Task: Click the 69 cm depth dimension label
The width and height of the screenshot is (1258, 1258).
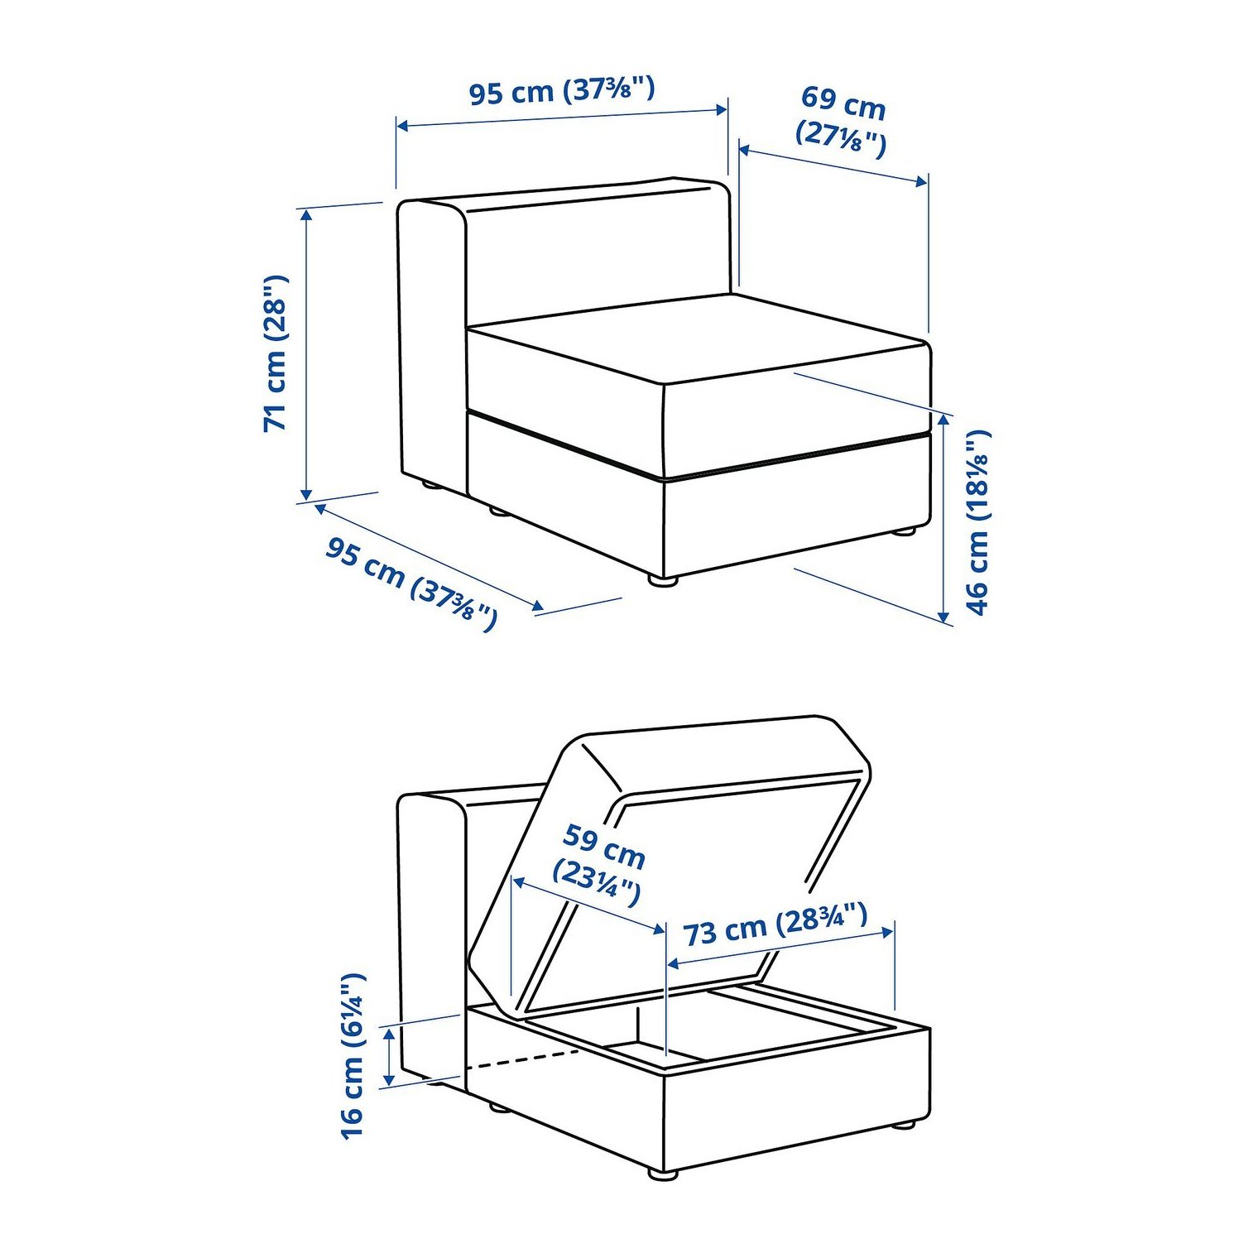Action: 842,120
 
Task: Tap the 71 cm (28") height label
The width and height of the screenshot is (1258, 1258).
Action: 276,353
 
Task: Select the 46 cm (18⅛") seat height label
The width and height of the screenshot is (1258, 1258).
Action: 977,522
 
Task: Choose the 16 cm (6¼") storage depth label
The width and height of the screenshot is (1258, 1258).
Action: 353,1055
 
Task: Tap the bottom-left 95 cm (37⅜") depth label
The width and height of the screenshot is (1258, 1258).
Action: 411,583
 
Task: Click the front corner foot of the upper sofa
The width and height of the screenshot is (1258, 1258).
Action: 662,582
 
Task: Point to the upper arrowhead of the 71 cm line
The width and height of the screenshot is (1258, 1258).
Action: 307,215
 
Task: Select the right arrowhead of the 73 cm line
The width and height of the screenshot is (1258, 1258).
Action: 887,932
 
